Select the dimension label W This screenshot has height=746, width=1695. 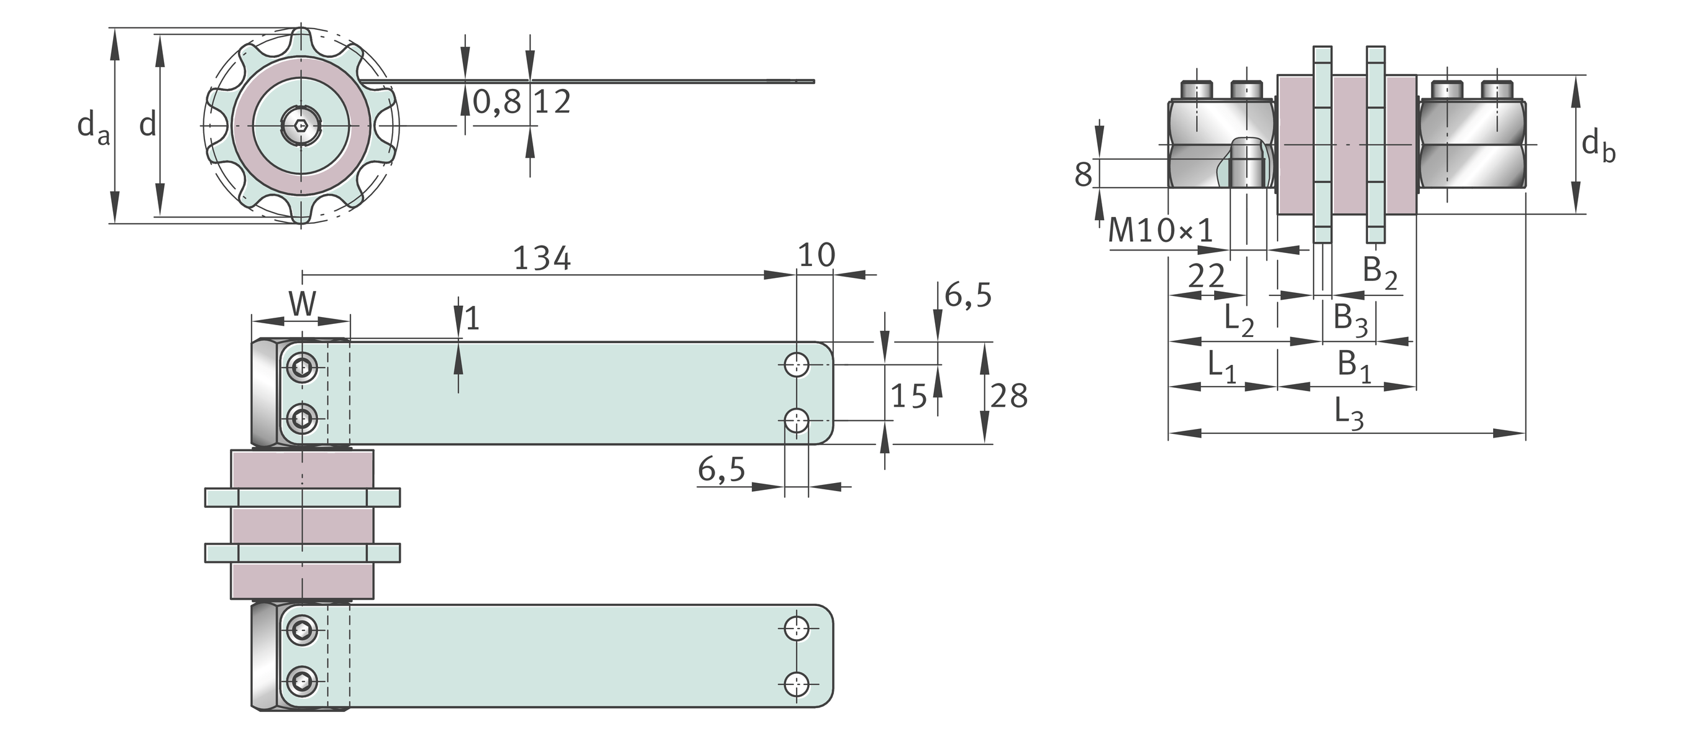(x=302, y=304)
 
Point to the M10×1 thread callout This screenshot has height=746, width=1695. (x=1160, y=231)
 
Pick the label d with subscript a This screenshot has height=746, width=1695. (x=93, y=126)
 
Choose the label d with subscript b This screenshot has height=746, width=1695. (x=1597, y=145)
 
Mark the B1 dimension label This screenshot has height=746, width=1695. (x=1354, y=366)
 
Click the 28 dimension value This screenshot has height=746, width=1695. (x=1008, y=397)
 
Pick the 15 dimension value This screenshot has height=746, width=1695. (x=908, y=397)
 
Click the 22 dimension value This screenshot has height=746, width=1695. (x=1205, y=277)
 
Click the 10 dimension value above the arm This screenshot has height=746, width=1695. (x=816, y=255)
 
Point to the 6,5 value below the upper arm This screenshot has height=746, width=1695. (x=721, y=469)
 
